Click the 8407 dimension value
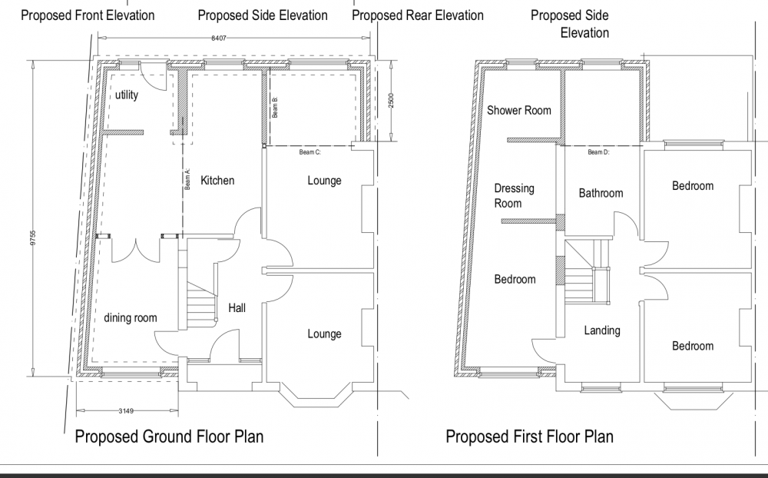tap(219, 38)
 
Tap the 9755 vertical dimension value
tap(33, 238)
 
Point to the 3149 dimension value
tap(126, 411)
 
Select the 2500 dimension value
tap(391, 101)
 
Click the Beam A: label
tap(187, 179)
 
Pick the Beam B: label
tap(275, 107)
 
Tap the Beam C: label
tap(310, 152)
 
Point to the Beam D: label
tap(598, 152)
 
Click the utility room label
tap(127, 95)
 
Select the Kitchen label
tap(217, 181)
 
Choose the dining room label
tap(131, 318)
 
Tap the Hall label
tap(237, 308)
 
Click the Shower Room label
tap(518, 111)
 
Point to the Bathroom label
tap(601, 193)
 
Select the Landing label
tap(602, 331)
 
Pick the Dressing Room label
tap(514, 196)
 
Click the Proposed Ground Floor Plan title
tap(169, 437)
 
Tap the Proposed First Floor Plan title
tap(529, 437)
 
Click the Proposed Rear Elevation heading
tap(418, 15)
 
